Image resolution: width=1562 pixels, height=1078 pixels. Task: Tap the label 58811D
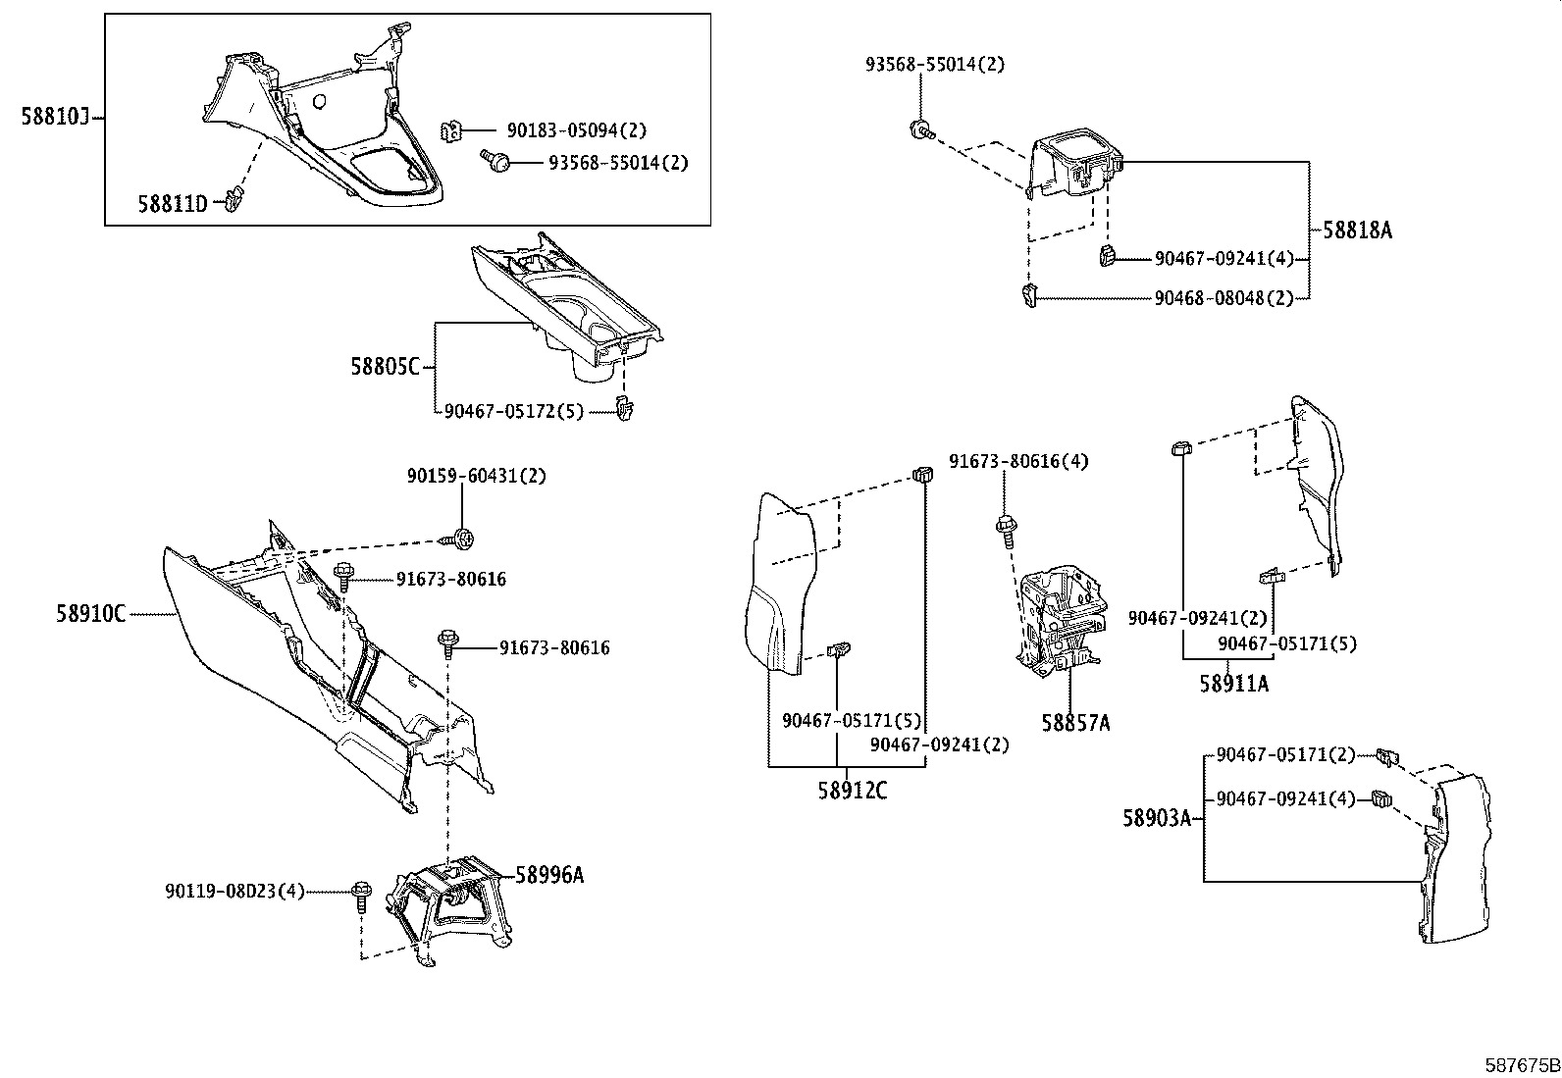[x=172, y=204]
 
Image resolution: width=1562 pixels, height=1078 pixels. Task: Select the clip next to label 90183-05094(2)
[x=452, y=130]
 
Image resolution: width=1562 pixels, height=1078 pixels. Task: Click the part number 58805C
[x=386, y=367]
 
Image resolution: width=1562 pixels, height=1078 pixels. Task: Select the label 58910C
[x=90, y=614]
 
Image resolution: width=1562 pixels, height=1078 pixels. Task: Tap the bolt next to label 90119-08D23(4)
[x=360, y=892]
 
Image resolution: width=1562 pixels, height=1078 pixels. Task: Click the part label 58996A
[x=548, y=875]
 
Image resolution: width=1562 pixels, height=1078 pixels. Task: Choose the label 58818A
[x=1357, y=231]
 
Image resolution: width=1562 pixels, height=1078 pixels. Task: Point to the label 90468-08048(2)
[x=1224, y=298]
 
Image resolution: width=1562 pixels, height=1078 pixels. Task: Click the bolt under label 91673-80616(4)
[x=1005, y=527]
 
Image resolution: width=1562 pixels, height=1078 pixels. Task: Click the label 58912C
[x=852, y=790]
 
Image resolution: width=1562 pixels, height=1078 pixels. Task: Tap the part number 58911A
[x=1233, y=684]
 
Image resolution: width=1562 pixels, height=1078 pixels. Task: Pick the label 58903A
[x=1157, y=816]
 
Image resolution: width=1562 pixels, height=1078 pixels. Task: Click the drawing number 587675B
[x=1521, y=1065]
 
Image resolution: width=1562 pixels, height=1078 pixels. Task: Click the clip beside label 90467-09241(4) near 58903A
[x=1381, y=799]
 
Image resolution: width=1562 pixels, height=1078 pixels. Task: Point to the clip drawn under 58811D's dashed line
[x=232, y=201]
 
